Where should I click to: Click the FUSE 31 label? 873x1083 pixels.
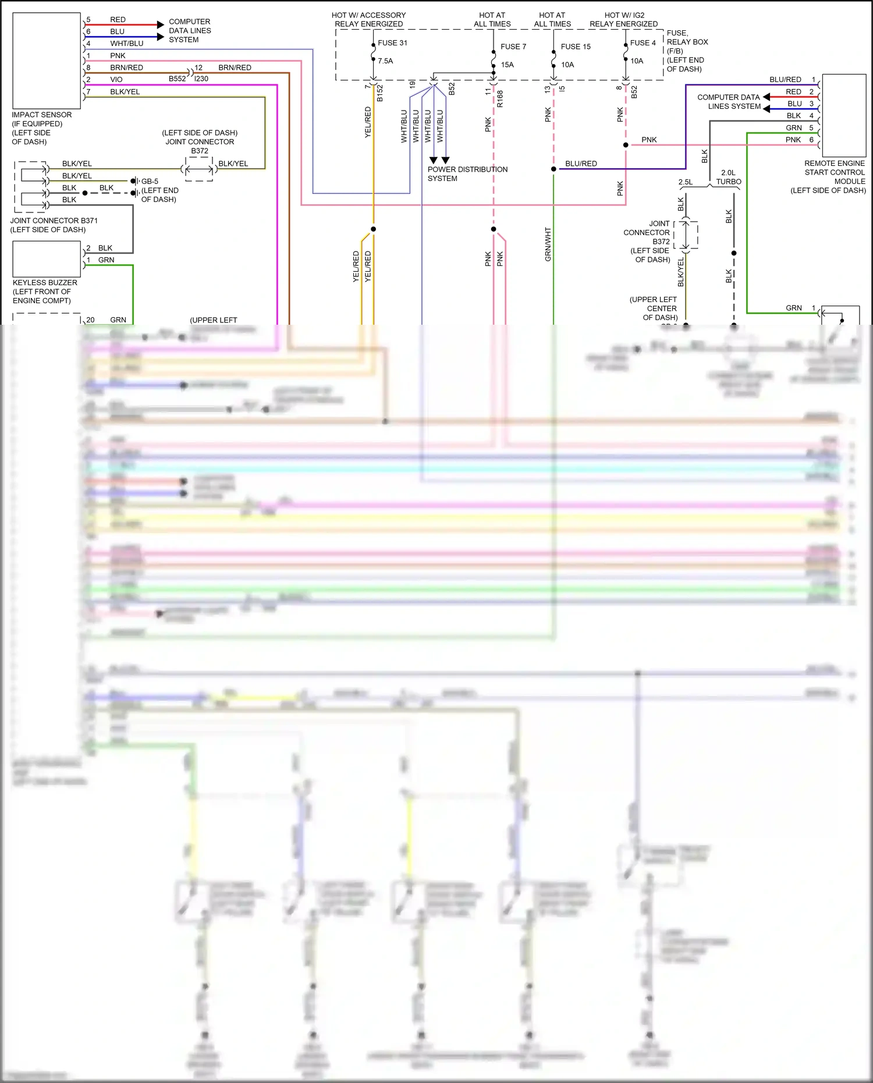click(392, 43)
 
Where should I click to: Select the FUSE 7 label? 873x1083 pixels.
click(513, 47)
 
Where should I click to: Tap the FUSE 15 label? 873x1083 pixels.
click(575, 47)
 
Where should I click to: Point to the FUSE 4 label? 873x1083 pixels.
click(643, 43)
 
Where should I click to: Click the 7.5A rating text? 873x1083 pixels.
click(385, 61)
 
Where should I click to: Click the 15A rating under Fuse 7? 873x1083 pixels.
click(507, 65)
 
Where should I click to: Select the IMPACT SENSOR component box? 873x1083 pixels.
click(47, 61)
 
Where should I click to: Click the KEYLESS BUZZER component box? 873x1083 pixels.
click(47, 259)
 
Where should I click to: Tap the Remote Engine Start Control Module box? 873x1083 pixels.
click(843, 115)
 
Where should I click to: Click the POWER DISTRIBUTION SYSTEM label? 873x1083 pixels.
click(467, 174)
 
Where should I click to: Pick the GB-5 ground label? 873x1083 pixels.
click(150, 182)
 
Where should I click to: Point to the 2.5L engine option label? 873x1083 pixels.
click(686, 182)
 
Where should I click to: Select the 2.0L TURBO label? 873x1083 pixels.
click(728, 177)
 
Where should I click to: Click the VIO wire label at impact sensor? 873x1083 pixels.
click(116, 80)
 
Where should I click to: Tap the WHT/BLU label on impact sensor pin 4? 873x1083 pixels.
click(126, 44)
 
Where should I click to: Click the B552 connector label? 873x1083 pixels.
click(177, 79)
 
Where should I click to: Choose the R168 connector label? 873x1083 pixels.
click(500, 99)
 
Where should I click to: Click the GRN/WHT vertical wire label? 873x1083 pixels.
click(548, 244)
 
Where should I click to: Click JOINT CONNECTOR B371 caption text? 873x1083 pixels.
click(54, 221)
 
